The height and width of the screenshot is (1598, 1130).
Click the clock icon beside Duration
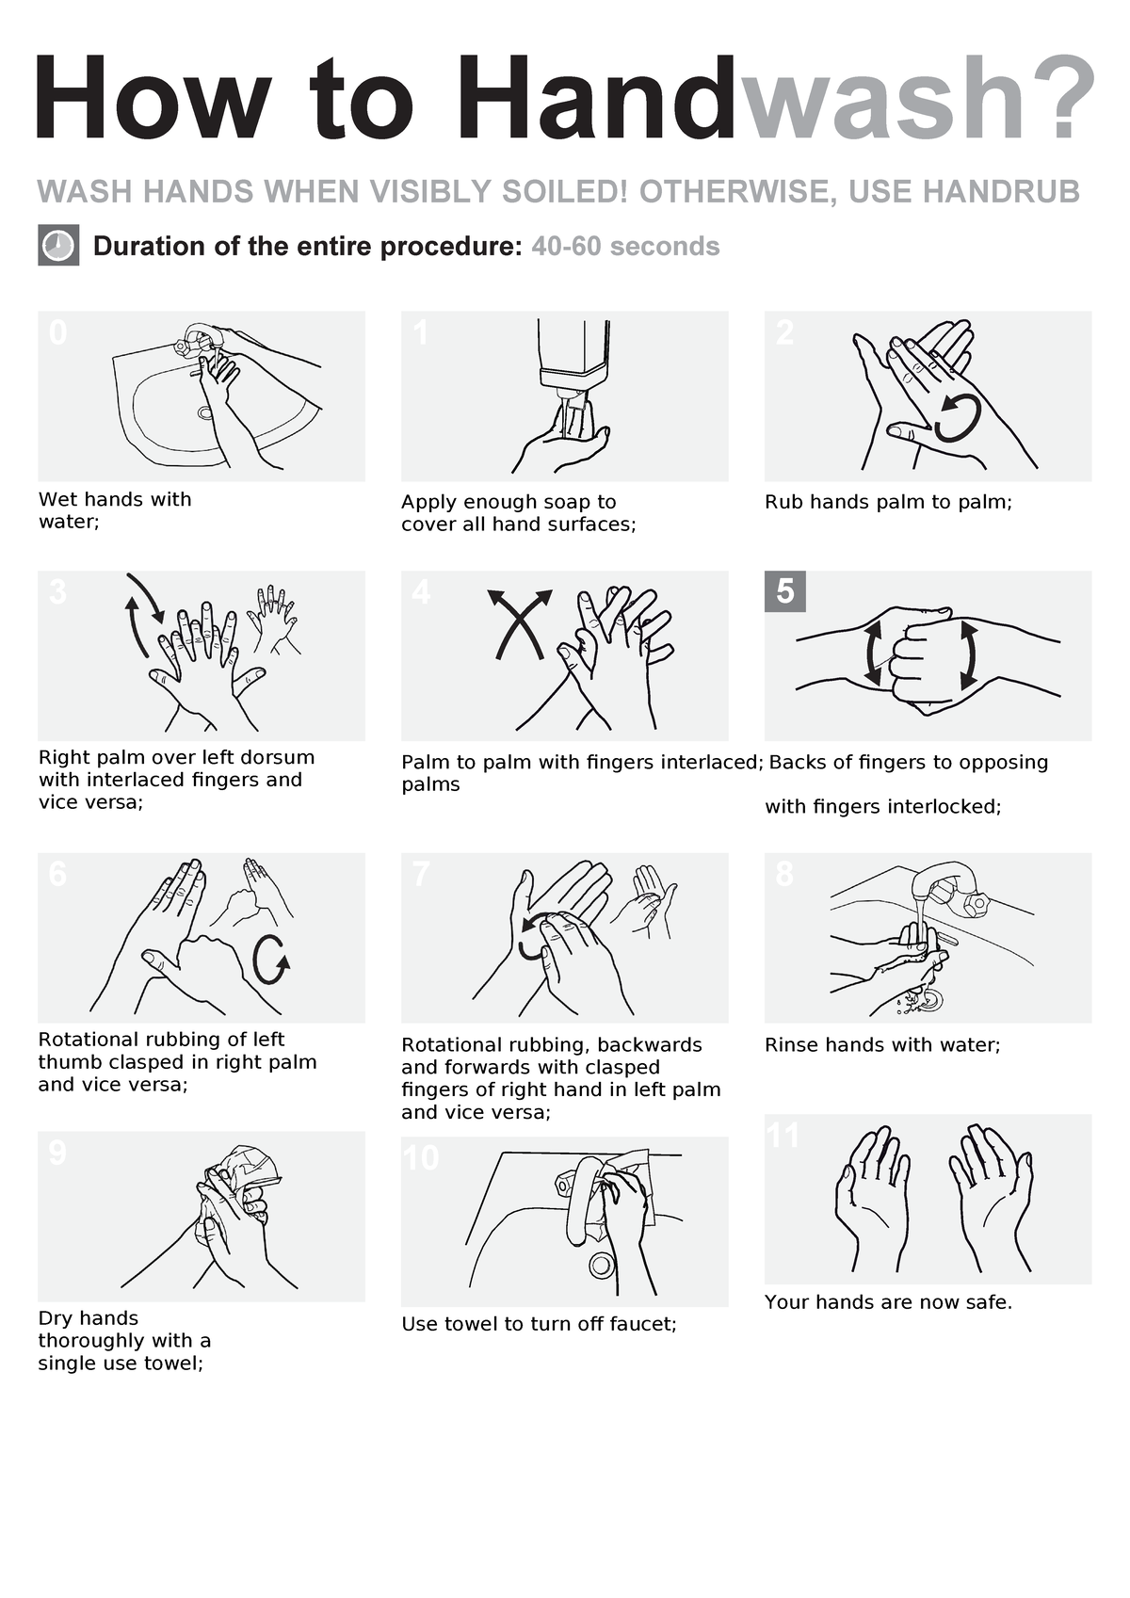pyautogui.click(x=58, y=246)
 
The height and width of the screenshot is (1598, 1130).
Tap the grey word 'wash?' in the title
pyautogui.click(x=918, y=99)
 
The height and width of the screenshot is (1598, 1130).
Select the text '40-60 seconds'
pyautogui.click(x=625, y=247)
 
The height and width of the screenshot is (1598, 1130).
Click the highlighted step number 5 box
pyautogui.click(x=785, y=591)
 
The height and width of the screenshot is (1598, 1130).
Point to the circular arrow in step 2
pyautogui.click(x=958, y=417)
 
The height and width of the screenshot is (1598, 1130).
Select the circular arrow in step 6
pyautogui.click(x=270, y=960)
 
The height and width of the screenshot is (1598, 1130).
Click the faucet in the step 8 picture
pyautogui.click(x=951, y=885)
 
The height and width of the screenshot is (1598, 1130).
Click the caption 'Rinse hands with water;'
pyautogui.click(x=882, y=1045)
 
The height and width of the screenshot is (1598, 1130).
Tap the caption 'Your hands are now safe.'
pyautogui.click(x=888, y=1302)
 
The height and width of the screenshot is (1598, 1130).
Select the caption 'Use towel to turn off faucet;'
pyautogui.click(x=539, y=1324)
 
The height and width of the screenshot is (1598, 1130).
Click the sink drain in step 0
pyautogui.click(x=205, y=412)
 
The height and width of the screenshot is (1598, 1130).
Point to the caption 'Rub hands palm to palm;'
pyautogui.click(x=888, y=502)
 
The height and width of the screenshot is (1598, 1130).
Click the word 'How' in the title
pyautogui.click(x=151, y=99)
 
